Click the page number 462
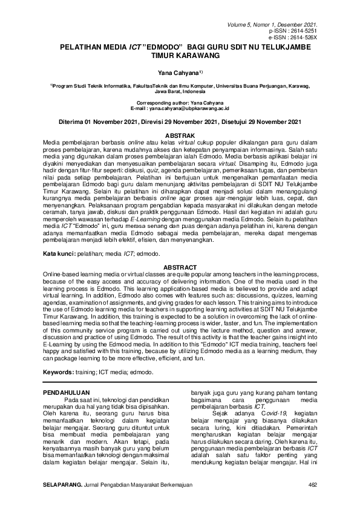click(x=313, y=485)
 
